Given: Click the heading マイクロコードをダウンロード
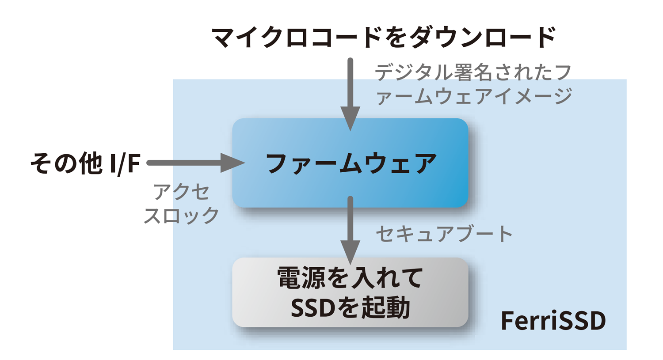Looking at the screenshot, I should tap(383, 37).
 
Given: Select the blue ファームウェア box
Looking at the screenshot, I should tap(350, 163).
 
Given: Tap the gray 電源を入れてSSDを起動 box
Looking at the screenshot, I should tap(350, 292).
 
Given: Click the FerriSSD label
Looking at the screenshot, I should tap(553, 321).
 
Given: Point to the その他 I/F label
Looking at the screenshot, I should tap(85, 163).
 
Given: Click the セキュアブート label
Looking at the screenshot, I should tap(444, 234).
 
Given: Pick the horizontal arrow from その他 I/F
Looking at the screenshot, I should tap(194, 163).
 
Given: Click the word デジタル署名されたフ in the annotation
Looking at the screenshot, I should tap(473, 72).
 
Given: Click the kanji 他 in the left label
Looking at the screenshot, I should tap(91, 163).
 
